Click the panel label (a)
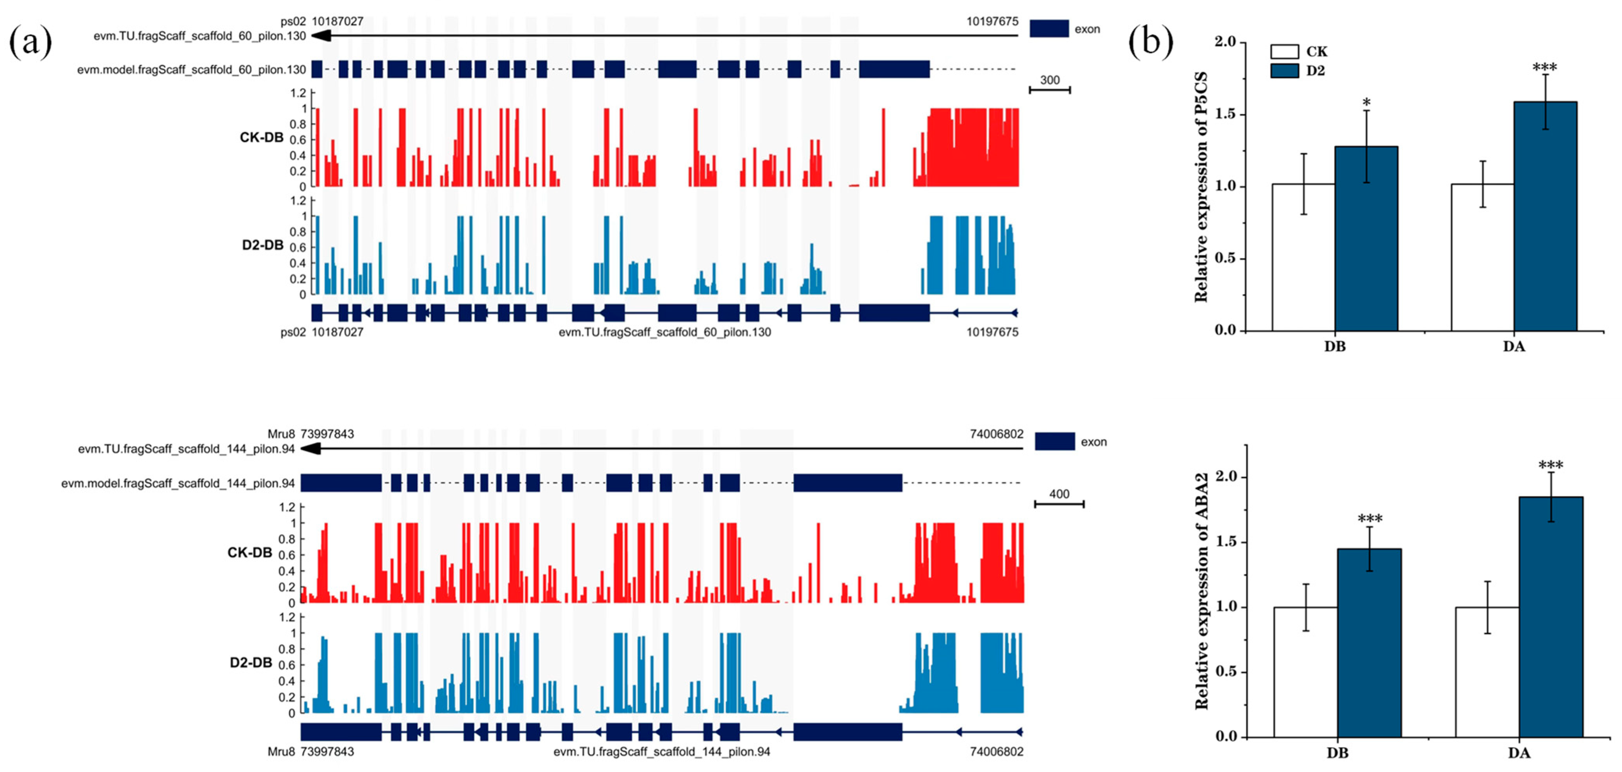(x=30, y=43)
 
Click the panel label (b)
(x=1150, y=43)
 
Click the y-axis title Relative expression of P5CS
(x=1201, y=187)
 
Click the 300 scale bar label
(x=1050, y=80)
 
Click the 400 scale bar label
(x=1059, y=494)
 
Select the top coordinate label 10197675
(x=992, y=21)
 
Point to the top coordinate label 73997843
(x=327, y=434)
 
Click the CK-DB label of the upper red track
(x=261, y=137)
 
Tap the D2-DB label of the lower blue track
(x=250, y=662)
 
